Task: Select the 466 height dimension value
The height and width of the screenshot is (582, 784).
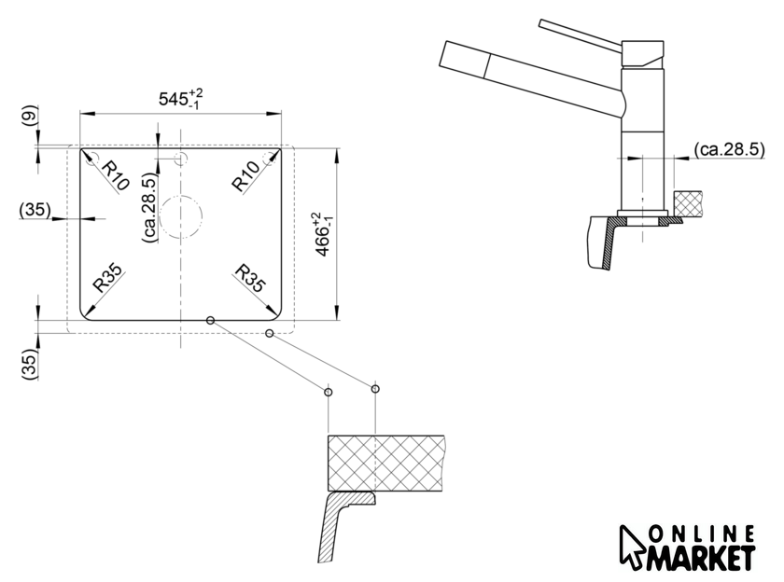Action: click(323, 234)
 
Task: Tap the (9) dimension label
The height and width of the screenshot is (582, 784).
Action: click(31, 115)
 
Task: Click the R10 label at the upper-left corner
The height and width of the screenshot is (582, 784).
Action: click(116, 176)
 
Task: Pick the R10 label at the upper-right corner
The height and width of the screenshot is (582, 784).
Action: click(246, 176)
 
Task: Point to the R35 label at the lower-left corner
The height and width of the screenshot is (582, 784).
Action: click(107, 277)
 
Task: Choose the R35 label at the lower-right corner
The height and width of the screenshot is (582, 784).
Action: click(250, 277)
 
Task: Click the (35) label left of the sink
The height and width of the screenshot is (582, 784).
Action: click(35, 210)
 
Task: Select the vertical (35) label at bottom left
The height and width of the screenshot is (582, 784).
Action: click(30, 364)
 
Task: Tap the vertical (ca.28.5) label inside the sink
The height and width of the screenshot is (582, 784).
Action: click(149, 207)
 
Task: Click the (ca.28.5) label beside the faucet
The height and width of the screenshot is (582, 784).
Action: click(730, 149)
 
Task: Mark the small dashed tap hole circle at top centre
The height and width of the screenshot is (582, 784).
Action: click(180, 159)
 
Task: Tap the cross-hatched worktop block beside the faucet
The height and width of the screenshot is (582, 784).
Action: click(688, 204)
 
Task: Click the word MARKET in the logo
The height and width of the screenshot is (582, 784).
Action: click(700, 558)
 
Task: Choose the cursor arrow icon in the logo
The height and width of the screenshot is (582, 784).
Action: click(631, 547)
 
